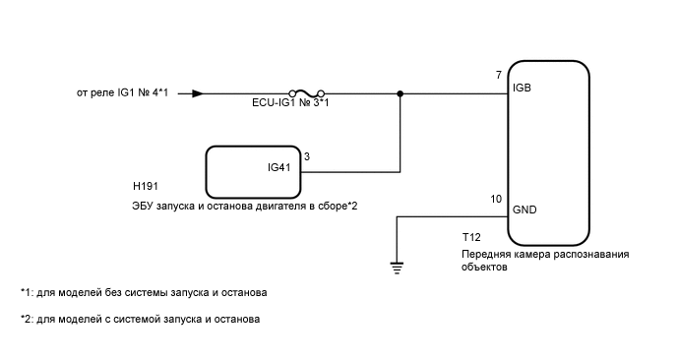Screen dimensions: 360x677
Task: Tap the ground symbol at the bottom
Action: click(x=396, y=264)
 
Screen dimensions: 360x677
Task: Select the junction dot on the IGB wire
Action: click(x=400, y=94)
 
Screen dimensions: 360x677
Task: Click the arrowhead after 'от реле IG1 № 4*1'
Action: click(x=198, y=94)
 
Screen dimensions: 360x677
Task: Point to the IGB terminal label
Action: click(x=523, y=89)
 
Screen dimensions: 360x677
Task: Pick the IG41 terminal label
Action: click(x=280, y=168)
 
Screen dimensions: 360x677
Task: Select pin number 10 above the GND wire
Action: click(x=496, y=200)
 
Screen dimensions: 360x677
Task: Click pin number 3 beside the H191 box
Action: click(x=308, y=156)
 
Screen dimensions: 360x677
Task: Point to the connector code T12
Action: click(x=471, y=238)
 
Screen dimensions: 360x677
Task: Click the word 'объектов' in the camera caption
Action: click(x=483, y=267)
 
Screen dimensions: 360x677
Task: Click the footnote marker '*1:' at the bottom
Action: click(x=26, y=293)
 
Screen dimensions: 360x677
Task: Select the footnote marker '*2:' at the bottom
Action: click(x=26, y=320)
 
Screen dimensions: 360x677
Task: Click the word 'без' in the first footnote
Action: click(x=116, y=293)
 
